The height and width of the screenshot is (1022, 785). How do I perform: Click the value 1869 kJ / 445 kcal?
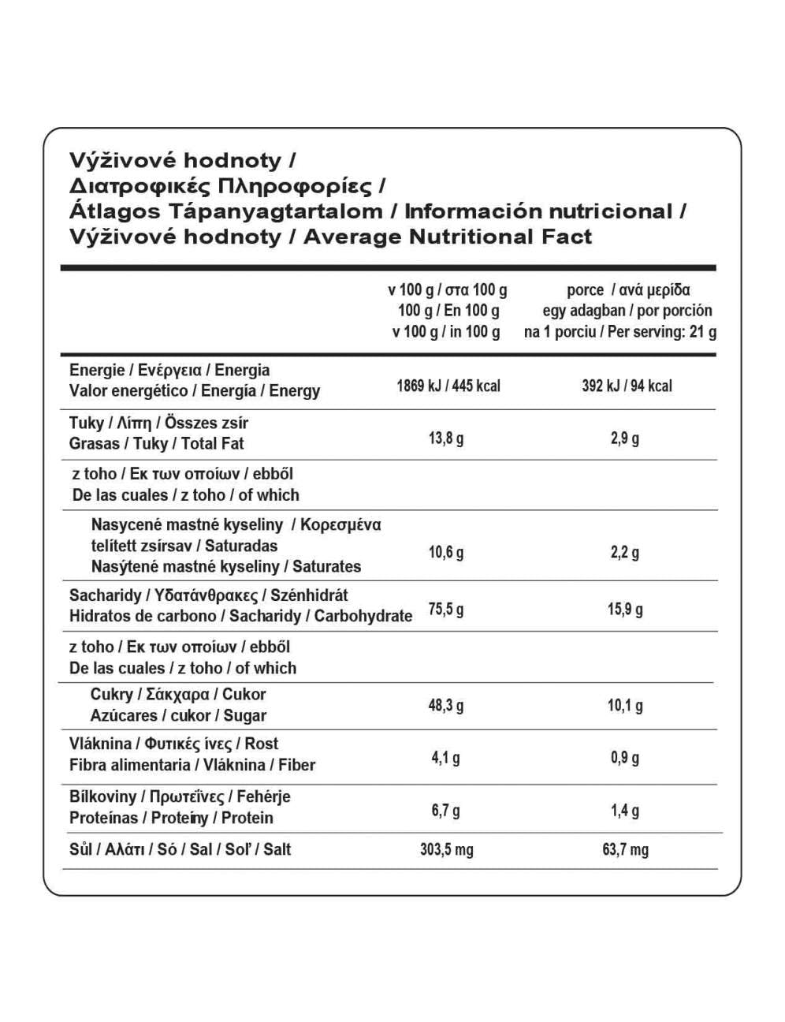[448, 386]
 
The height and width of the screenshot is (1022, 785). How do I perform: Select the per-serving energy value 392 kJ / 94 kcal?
[627, 386]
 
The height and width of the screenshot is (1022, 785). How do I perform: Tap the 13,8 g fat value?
[445, 438]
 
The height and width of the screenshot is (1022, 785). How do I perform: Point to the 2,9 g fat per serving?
[624, 438]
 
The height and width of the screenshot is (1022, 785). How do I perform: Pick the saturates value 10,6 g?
[445, 552]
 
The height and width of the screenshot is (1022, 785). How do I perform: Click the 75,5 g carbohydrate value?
[445, 609]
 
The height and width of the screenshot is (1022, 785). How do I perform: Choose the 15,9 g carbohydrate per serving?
[624, 609]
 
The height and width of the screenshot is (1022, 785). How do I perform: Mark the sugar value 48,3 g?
[445, 705]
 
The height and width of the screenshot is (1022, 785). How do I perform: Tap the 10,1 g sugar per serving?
[624, 705]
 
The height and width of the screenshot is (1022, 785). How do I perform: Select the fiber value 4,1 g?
[445, 758]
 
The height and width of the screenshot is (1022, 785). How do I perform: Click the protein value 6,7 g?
[445, 810]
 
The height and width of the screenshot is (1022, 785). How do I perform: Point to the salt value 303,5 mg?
[446, 849]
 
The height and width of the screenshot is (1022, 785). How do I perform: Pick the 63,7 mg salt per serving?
[625, 849]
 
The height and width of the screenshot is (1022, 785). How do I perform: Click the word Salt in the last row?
[277, 849]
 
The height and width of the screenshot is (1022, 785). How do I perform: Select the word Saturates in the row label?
[326, 566]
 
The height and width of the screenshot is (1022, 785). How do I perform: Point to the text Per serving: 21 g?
[662, 331]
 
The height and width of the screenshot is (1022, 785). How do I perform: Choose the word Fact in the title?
[566, 237]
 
